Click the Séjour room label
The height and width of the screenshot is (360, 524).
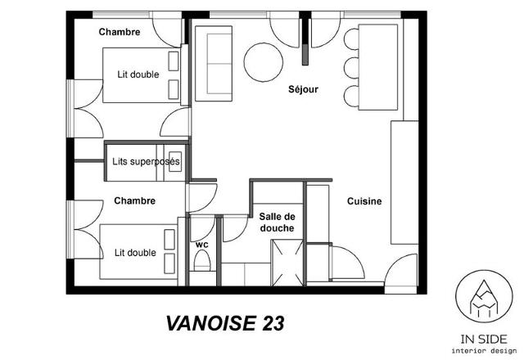click(x=303, y=89)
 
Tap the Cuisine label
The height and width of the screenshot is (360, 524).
click(x=364, y=201)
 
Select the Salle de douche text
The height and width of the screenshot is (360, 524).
click(x=277, y=223)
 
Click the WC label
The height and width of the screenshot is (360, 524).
click(x=202, y=245)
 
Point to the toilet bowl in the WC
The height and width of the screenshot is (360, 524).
click(x=202, y=260)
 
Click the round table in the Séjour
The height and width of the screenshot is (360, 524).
click(x=264, y=62)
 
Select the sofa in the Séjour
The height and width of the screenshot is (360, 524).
click(x=214, y=64)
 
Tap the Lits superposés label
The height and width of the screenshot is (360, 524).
click(x=146, y=162)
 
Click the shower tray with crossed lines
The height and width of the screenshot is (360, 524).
click(x=287, y=263)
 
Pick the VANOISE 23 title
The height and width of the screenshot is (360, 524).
click(x=225, y=323)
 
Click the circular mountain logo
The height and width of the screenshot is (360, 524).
click(x=484, y=296)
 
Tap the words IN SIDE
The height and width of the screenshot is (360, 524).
click(x=484, y=340)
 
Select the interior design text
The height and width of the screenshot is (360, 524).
click(x=484, y=351)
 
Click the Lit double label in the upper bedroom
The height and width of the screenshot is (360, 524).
click(x=138, y=74)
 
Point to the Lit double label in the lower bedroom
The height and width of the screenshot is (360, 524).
click(x=135, y=253)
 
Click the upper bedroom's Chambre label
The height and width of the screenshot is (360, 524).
click(x=120, y=32)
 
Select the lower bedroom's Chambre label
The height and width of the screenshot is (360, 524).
click(x=134, y=200)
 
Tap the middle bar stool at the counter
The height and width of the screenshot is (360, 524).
click(x=351, y=68)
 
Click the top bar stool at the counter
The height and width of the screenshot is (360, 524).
click(x=351, y=39)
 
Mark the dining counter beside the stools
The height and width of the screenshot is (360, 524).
click(x=378, y=67)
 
